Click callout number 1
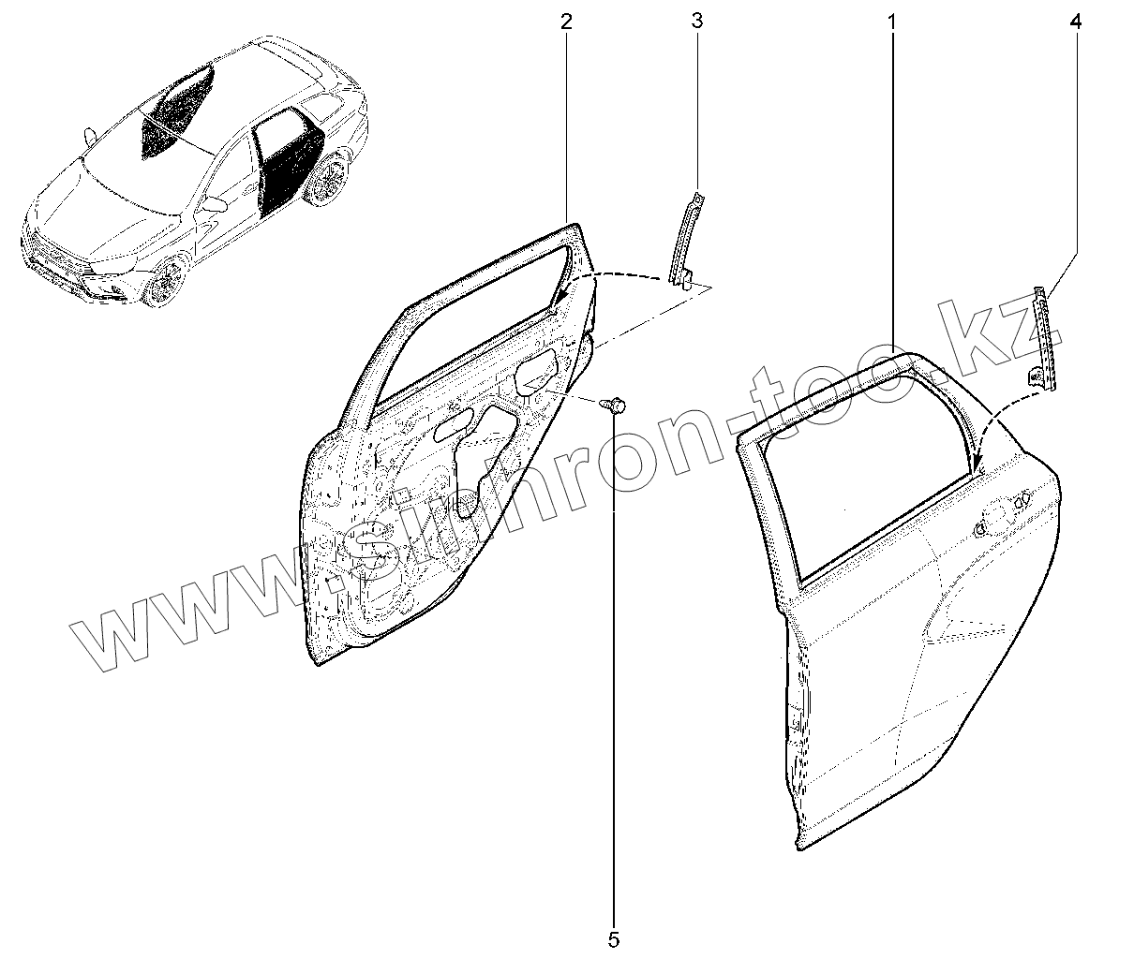coord(891,20)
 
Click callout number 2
coord(566,20)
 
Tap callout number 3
coord(696,20)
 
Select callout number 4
coord(1075,20)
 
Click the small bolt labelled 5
coord(618,405)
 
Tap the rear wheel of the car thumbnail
coord(328,181)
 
